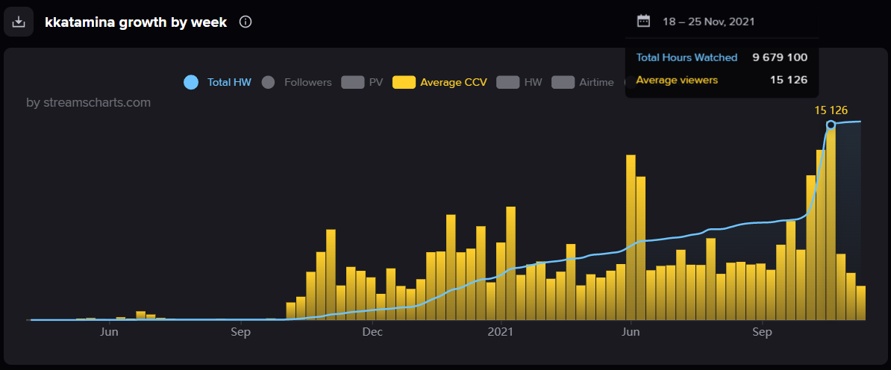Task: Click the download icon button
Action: pos(19,22)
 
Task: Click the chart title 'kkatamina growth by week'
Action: pos(136,22)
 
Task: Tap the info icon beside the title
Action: pos(246,22)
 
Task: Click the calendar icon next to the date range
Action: pos(643,21)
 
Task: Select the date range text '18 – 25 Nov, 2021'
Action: pos(708,22)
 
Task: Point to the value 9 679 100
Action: pos(780,57)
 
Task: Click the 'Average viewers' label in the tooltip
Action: pos(677,80)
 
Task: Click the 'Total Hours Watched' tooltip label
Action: pos(687,57)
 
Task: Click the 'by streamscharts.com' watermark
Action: pos(88,102)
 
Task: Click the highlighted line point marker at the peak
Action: pos(831,125)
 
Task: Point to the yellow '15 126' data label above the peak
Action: pos(831,110)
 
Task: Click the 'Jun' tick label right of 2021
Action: pos(631,331)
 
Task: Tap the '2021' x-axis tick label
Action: pos(501,331)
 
